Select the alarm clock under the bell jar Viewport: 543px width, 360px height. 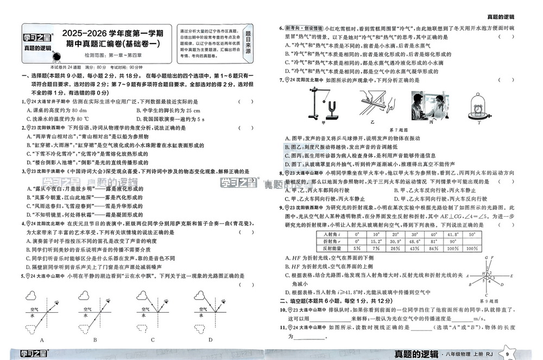(479, 109)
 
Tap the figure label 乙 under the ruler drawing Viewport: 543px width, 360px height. (372, 123)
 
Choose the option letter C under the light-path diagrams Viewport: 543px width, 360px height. (153, 340)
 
